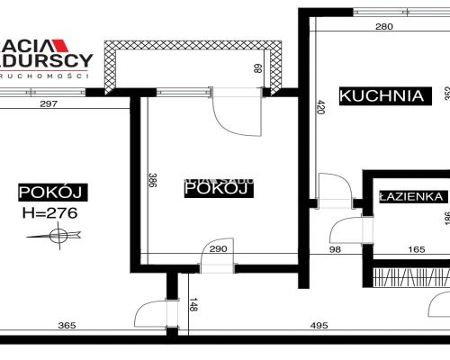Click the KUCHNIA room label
coord(381,94)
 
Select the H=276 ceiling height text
coord(50,213)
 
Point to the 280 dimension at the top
coord(383,27)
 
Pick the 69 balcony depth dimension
coord(257,67)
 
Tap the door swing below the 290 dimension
coord(215,262)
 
